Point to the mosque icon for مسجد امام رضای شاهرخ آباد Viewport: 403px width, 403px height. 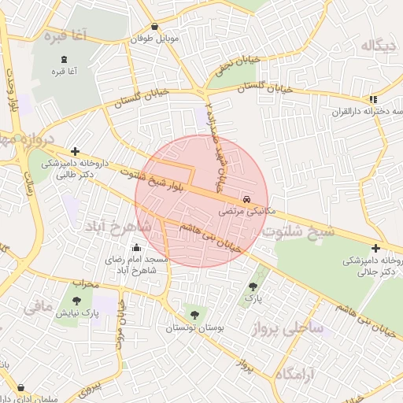(x=136, y=248)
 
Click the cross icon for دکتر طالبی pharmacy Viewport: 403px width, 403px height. (x=75, y=151)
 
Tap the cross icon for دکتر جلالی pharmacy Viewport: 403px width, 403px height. (x=375, y=249)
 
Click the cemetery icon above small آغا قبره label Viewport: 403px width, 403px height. (x=64, y=60)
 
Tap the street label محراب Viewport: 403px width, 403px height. (x=83, y=282)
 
